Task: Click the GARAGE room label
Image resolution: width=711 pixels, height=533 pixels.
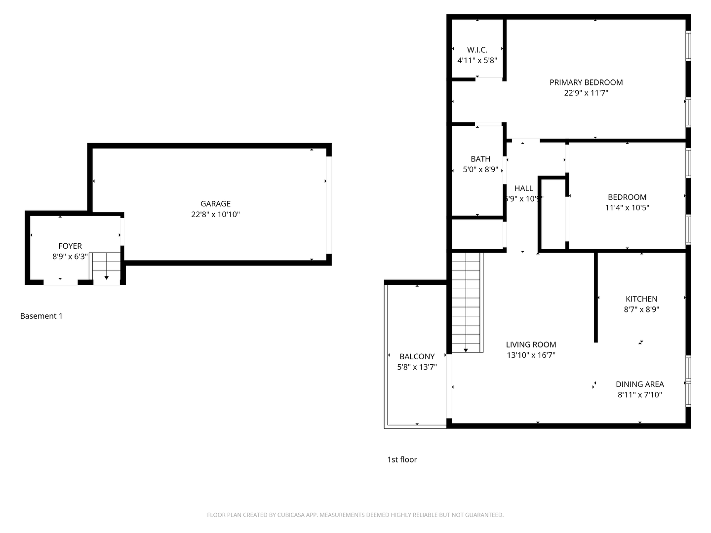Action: pos(215,203)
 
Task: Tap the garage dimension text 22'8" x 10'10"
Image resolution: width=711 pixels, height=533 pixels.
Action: pos(215,215)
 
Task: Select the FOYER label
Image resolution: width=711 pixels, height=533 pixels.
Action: pos(70,246)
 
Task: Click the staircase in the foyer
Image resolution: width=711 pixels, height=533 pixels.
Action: pos(106,268)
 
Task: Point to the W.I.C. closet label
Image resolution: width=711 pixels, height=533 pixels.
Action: pos(477,50)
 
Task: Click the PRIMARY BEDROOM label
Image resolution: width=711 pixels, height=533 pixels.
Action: pos(586,82)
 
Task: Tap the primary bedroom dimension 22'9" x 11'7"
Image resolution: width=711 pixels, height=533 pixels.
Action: pos(586,93)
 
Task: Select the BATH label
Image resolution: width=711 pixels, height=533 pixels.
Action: pos(480,159)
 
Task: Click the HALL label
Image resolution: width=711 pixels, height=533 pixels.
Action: pos(524,188)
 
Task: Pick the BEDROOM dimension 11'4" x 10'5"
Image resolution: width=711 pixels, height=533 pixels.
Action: pos(627,208)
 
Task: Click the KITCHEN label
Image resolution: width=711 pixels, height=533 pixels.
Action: pos(641,299)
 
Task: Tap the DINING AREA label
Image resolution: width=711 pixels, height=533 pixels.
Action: pos(640,384)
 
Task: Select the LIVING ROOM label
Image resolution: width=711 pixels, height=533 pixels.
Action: pos(531,344)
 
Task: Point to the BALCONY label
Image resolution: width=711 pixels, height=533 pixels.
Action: pos(417,356)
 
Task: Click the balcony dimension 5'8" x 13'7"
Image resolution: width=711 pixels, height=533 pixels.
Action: pos(417,367)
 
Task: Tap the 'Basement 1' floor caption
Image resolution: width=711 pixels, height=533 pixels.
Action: pos(41,316)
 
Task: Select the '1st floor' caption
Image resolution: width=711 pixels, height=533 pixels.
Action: pos(402,459)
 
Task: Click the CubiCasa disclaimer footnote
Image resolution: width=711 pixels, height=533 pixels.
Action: pos(355,515)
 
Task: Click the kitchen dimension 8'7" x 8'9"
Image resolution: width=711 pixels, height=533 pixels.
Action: pos(641,309)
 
